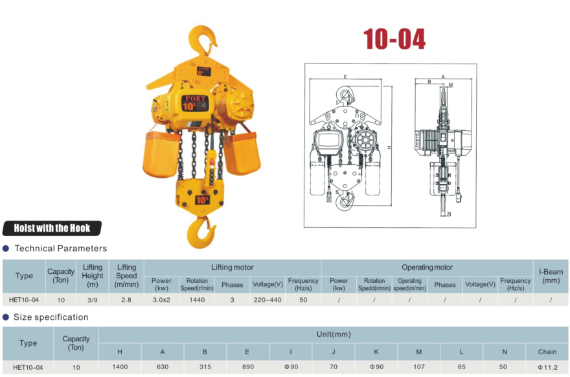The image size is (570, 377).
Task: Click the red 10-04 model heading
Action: point(394,39)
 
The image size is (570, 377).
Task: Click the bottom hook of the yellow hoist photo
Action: point(201,233)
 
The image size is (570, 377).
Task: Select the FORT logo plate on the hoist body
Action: point(195,103)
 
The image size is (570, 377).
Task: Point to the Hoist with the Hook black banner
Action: point(52,228)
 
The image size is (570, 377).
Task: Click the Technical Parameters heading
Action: point(61,249)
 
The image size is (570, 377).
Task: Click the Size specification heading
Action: point(51,317)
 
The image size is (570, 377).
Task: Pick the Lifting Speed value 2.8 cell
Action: point(126,300)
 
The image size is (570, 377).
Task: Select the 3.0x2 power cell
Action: point(161,300)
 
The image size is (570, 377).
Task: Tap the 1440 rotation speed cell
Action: point(197,300)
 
